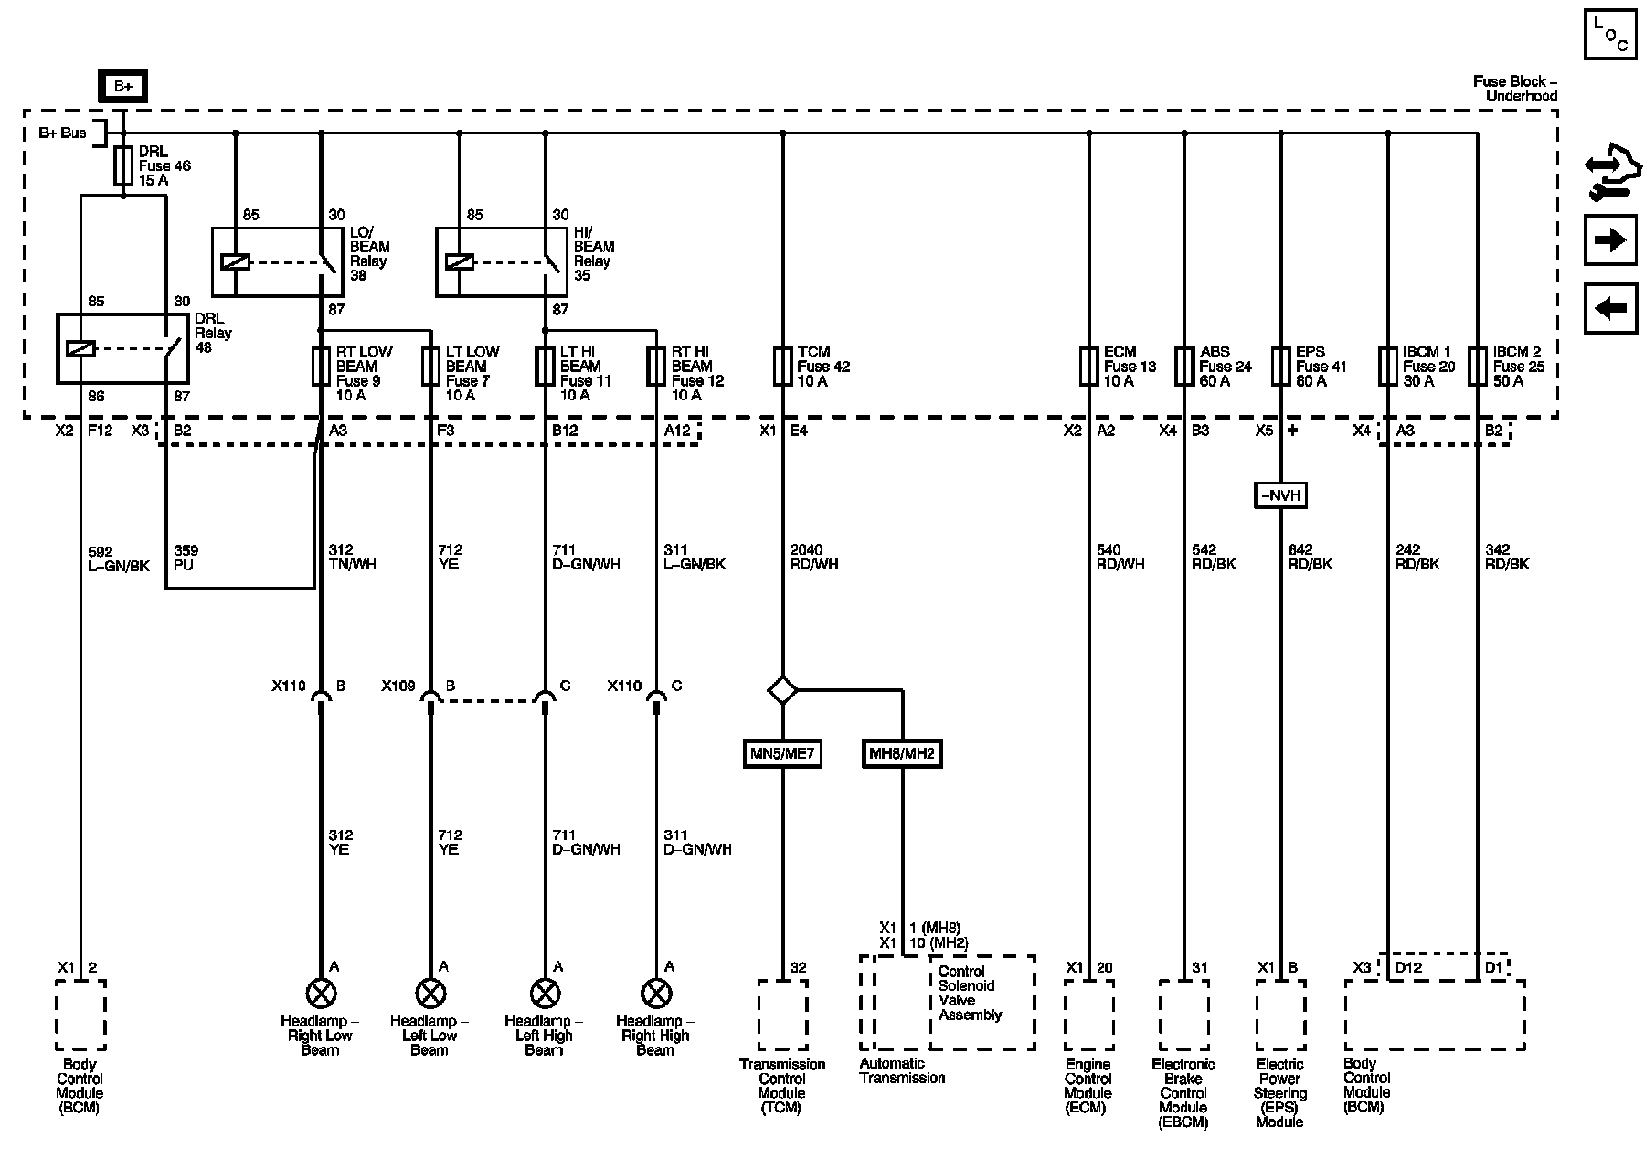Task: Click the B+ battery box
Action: click(123, 87)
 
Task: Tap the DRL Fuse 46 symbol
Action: click(124, 168)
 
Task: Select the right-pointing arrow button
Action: click(1610, 240)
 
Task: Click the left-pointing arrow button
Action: click(1610, 308)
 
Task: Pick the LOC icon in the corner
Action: click(1610, 34)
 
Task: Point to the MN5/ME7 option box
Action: click(782, 754)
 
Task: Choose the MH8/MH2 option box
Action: click(902, 754)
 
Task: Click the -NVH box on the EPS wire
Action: click(1280, 495)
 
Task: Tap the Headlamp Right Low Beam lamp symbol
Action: click(321, 993)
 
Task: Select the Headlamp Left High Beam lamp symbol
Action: click(545, 993)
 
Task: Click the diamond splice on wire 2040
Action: click(782, 690)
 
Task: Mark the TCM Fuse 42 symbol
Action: click(782, 367)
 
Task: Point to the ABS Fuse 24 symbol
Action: click(1185, 367)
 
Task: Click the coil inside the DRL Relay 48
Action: click(81, 348)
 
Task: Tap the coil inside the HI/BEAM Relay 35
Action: click(459, 261)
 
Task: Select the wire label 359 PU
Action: click(186, 558)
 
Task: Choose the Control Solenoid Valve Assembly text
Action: click(970, 993)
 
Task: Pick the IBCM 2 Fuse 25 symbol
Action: click(1478, 367)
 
